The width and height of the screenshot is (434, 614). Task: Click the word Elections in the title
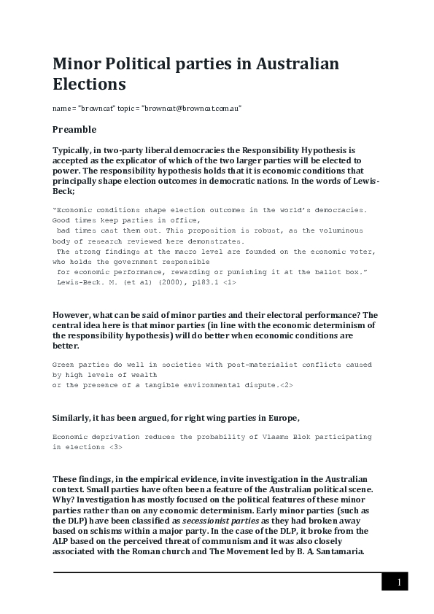(89, 84)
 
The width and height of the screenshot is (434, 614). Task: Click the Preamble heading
(74, 130)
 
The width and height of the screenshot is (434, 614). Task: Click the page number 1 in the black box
(399, 582)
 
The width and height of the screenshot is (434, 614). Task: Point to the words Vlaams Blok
(271, 437)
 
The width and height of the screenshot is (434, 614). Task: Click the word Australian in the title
(293, 63)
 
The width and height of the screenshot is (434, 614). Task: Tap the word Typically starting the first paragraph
(74, 150)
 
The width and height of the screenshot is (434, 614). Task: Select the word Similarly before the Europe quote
(74, 417)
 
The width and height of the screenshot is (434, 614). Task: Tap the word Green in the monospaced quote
(63, 364)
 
